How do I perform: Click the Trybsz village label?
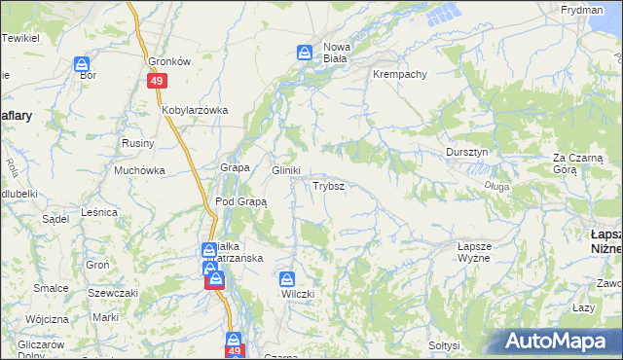[x=326, y=185]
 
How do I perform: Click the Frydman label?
[x=582, y=9]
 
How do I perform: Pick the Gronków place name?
[x=168, y=59]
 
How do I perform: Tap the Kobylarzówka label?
[x=195, y=110]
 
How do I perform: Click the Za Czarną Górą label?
[x=578, y=162]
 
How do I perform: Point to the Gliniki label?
[x=285, y=169]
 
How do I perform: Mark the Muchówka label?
[x=139, y=170]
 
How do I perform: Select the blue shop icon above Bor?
[x=83, y=64]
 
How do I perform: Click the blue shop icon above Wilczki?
[x=286, y=276]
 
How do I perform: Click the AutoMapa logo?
[x=561, y=342]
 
